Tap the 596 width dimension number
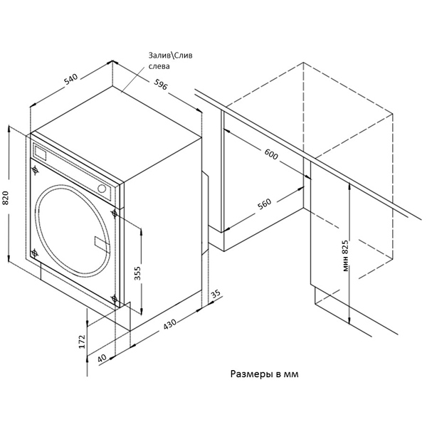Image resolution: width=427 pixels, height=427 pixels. [x=162, y=87]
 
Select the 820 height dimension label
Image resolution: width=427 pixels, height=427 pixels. [x=6, y=197]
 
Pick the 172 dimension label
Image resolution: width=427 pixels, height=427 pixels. [x=83, y=341]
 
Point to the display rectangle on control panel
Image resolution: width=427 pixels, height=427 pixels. [x=41, y=153]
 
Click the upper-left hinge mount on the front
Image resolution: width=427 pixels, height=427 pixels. [x=35, y=170]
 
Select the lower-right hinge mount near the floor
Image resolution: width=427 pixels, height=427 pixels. [x=114, y=298]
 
